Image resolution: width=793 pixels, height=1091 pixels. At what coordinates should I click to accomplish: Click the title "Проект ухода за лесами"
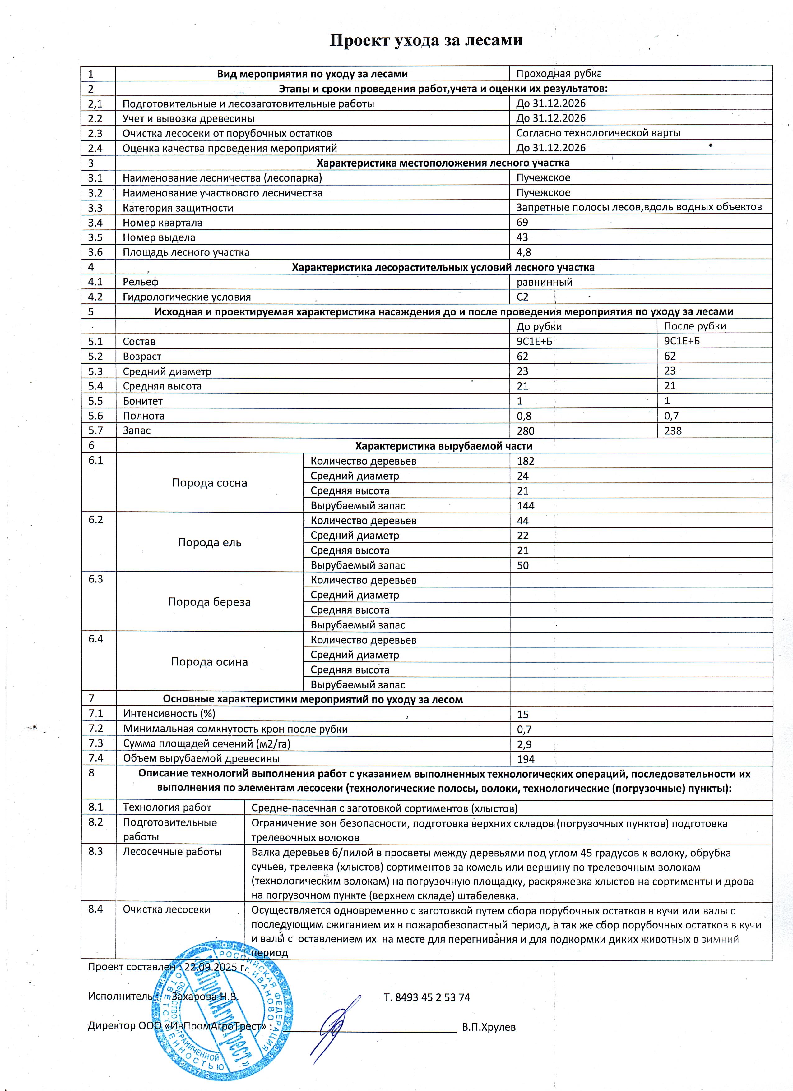click(425, 40)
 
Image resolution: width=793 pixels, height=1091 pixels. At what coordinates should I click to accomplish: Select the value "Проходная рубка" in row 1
click(559, 74)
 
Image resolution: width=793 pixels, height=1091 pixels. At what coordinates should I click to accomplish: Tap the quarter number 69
click(522, 222)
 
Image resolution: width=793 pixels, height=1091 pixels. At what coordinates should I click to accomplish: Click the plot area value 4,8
click(523, 252)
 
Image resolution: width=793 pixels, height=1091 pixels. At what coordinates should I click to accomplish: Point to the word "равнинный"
click(544, 282)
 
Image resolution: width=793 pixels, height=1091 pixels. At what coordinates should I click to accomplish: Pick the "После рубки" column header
click(695, 326)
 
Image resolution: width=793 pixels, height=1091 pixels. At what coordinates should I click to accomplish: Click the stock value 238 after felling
click(673, 430)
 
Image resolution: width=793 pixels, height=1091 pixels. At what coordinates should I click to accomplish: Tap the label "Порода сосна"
click(209, 483)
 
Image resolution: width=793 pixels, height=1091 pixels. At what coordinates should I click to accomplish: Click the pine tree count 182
click(526, 461)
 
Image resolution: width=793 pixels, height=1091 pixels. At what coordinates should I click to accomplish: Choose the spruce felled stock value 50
click(522, 565)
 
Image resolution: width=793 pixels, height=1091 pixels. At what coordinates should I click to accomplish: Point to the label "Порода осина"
click(209, 662)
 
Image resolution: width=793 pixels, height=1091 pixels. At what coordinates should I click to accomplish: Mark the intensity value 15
click(522, 714)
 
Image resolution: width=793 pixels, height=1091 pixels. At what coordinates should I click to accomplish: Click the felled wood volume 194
click(526, 759)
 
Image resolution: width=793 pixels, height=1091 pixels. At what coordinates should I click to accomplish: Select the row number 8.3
click(96, 852)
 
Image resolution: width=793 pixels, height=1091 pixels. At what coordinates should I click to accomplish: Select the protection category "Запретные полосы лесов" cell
click(638, 207)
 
